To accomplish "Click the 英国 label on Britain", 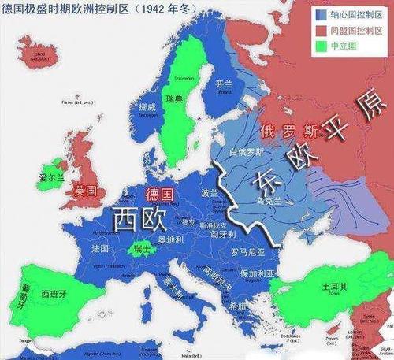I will (85, 191).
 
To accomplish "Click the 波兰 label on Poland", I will (210, 193).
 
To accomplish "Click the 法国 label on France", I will (101, 247).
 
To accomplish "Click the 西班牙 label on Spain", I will (55, 293).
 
